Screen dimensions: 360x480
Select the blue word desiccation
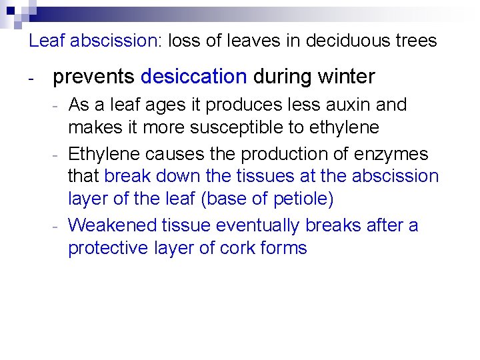pyautogui.click(x=193, y=77)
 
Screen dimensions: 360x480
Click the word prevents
pyautogui.click(x=93, y=77)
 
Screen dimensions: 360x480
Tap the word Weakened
pyautogui.click(x=111, y=225)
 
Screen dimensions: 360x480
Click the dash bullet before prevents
pyautogui.click(x=31, y=79)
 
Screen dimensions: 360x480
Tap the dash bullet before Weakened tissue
pyautogui.click(x=58, y=227)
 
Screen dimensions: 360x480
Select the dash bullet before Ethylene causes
pyautogui.click(x=58, y=155)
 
